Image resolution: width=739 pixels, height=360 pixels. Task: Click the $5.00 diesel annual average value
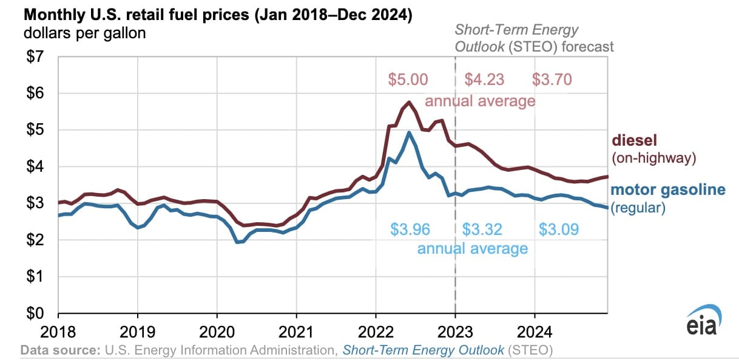408,80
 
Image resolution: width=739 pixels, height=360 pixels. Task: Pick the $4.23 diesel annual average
484,80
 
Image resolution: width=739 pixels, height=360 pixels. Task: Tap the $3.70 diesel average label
552,80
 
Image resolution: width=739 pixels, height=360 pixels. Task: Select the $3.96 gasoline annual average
410,230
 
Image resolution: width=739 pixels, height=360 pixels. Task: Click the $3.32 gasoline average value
483,230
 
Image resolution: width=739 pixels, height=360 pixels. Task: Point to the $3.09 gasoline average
559,230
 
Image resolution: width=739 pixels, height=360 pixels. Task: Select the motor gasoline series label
668,190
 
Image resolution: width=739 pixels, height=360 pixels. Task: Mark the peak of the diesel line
410,102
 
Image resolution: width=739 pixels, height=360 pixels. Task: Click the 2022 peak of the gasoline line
409,132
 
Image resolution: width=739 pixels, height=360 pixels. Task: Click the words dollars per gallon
85,33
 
